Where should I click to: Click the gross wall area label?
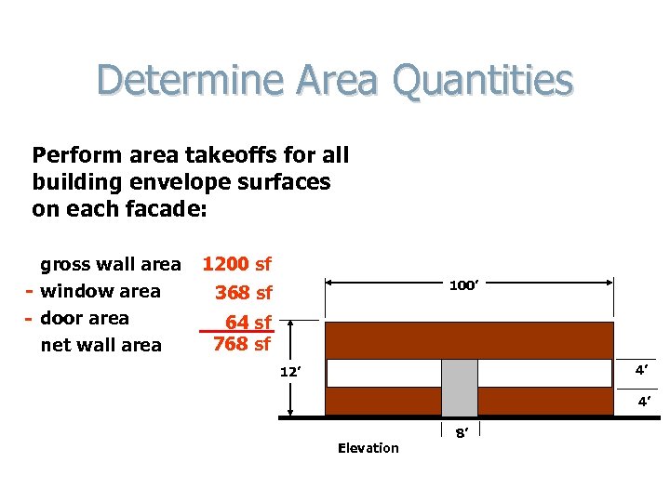(110, 265)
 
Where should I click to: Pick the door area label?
(85, 319)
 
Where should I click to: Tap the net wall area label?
(100, 346)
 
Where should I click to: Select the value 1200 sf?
(236, 265)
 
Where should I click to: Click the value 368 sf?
(243, 294)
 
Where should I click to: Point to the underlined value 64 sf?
(248, 323)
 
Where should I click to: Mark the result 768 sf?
(241, 344)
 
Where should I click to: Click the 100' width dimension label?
(463, 285)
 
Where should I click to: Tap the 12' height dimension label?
(292, 373)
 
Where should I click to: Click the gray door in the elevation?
(459, 388)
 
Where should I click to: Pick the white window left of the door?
(383, 373)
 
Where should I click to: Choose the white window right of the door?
(545, 373)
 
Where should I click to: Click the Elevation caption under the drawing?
(368, 448)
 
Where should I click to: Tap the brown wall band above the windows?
(469, 340)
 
